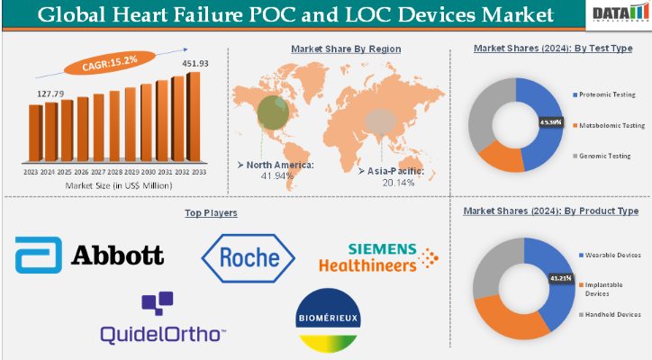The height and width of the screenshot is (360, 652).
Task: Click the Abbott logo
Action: tap(89, 255)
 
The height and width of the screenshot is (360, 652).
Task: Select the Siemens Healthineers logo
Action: tap(378, 256)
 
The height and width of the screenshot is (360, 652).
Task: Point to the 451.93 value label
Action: tap(195, 63)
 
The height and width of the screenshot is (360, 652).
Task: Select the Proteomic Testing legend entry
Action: tap(609, 94)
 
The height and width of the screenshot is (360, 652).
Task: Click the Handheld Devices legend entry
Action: tap(611, 314)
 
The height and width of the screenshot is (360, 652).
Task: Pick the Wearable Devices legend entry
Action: tap(612, 255)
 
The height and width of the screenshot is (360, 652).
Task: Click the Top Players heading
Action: tap(211, 212)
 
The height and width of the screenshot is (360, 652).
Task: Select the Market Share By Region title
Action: tap(346, 49)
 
